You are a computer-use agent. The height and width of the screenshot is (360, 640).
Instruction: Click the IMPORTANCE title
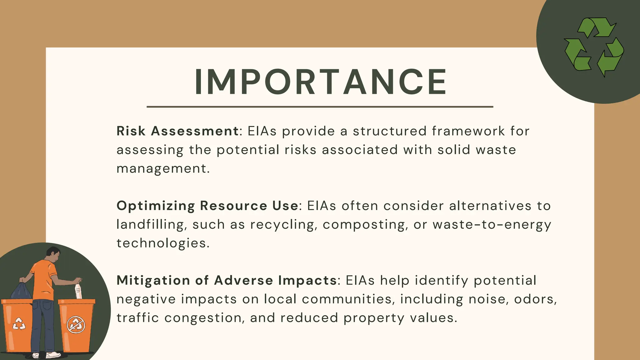pos(321,82)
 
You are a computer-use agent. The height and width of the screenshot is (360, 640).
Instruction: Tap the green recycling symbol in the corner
pos(594,47)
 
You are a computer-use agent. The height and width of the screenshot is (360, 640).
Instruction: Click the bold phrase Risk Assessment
pos(177,131)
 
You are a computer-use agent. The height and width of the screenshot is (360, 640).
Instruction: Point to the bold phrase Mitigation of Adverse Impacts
pos(227,280)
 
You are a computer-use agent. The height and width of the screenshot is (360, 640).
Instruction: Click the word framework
pos(468,131)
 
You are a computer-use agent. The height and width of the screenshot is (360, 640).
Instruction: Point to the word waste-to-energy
pos(492,225)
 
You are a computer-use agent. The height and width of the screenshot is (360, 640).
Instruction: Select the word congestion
pos(204,318)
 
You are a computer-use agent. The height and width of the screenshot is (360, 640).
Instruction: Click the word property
pos(374,318)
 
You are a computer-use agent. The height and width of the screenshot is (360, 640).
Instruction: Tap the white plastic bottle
pos(78,291)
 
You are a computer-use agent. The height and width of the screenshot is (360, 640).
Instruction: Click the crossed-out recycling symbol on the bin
pos(76,325)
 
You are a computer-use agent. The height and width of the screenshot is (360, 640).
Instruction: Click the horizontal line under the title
pos(320,107)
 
